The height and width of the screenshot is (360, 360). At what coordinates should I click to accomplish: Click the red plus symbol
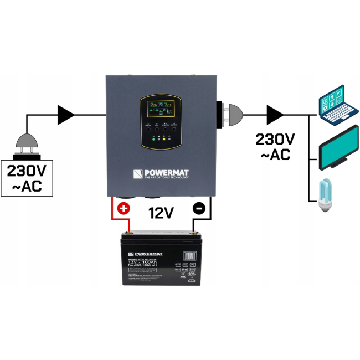pos(124,209)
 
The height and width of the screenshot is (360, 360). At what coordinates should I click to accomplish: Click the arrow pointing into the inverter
pos(66,115)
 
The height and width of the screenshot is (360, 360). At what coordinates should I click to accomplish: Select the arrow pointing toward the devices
pos(275,115)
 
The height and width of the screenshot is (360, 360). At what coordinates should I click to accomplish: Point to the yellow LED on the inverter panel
pos(164,140)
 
